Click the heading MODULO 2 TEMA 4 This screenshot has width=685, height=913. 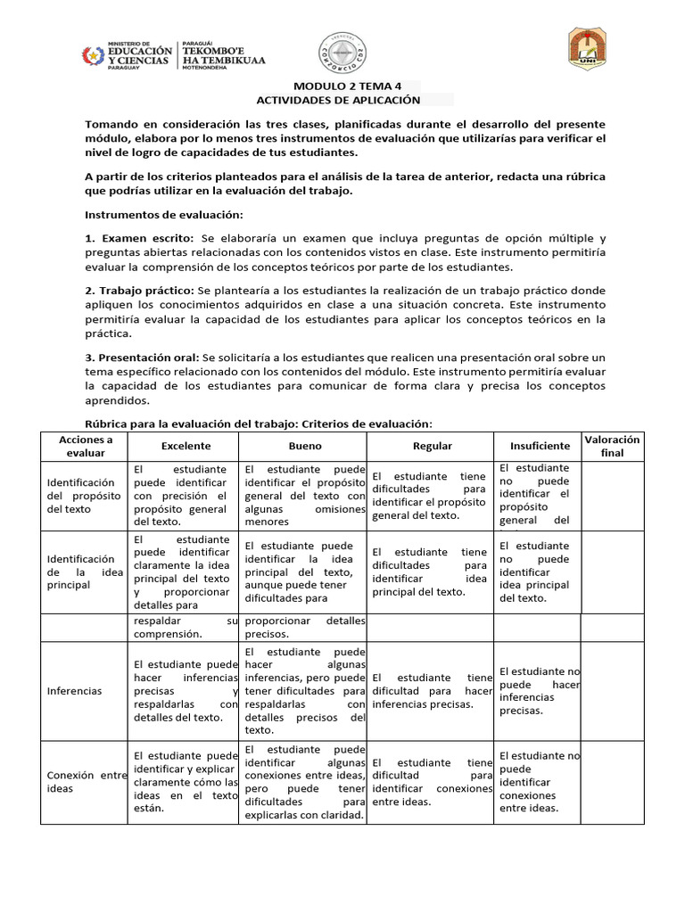pyautogui.click(x=342, y=86)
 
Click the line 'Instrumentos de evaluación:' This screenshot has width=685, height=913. pyautogui.click(x=163, y=215)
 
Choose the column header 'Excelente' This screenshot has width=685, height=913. pyautogui.click(x=186, y=446)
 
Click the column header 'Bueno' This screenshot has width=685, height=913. pyautogui.click(x=305, y=446)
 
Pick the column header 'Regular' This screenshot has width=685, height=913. pyautogui.click(x=432, y=446)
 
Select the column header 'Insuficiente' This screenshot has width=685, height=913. pyautogui.click(x=539, y=446)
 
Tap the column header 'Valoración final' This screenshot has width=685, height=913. pyautogui.click(x=612, y=446)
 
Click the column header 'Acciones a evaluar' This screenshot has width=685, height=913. pyautogui.click(x=86, y=446)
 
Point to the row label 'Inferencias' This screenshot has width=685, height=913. pyautogui.click(x=74, y=691)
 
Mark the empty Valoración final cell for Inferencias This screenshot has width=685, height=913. pyautogui.click(x=612, y=691)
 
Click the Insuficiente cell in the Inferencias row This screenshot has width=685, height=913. pyautogui.click(x=539, y=691)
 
